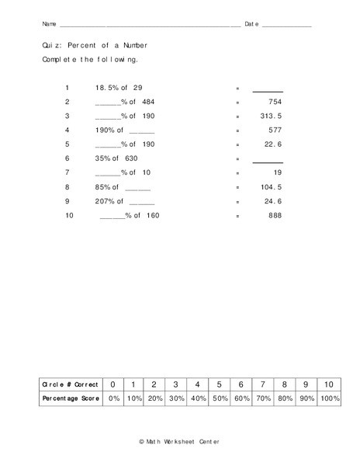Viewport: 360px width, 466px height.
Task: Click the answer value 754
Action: pyautogui.click(x=273, y=102)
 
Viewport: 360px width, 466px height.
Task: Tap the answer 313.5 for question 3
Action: pyautogui.click(x=270, y=115)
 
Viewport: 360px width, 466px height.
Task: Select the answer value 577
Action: pyautogui.click(x=273, y=130)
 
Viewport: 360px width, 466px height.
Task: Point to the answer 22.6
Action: pyautogui.click(x=272, y=144)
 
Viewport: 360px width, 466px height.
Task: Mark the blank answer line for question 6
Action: pyautogui.click(x=268, y=162)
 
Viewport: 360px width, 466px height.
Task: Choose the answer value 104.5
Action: pyautogui.click(x=270, y=187)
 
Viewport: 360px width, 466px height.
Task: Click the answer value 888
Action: pyautogui.click(x=273, y=215)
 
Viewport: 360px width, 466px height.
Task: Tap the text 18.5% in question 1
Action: pyautogui.click(x=106, y=88)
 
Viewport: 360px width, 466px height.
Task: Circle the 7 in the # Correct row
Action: pyautogui.click(x=263, y=384)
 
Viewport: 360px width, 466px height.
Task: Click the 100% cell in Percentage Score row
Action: pyautogui.click(x=329, y=398)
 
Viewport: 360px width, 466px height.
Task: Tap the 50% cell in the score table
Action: pyautogui.click(x=220, y=398)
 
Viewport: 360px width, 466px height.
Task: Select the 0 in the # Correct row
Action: pyautogui.click(x=113, y=384)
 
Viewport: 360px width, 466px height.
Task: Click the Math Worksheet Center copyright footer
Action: pyautogui.click(x=179, y=441)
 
